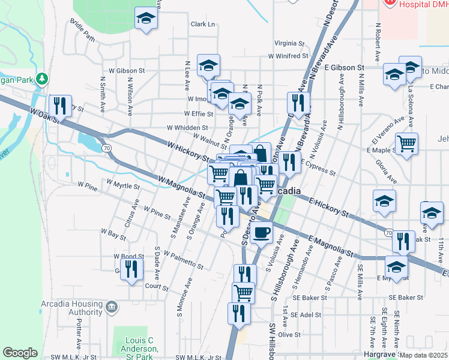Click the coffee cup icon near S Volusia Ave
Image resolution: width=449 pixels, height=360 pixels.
click(x=261, y=232)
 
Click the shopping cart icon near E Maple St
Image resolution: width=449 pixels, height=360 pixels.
click(x=407, y=144)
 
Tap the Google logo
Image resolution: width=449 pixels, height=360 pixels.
click(x=20, y=353)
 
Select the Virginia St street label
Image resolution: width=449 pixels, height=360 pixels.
click(x=289, y=43)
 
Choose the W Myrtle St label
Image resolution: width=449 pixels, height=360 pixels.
click(x=122, y=184)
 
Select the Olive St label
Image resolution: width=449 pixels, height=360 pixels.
click(x=289, y=334)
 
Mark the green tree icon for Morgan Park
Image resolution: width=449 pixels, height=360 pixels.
click(x=41, y=79)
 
